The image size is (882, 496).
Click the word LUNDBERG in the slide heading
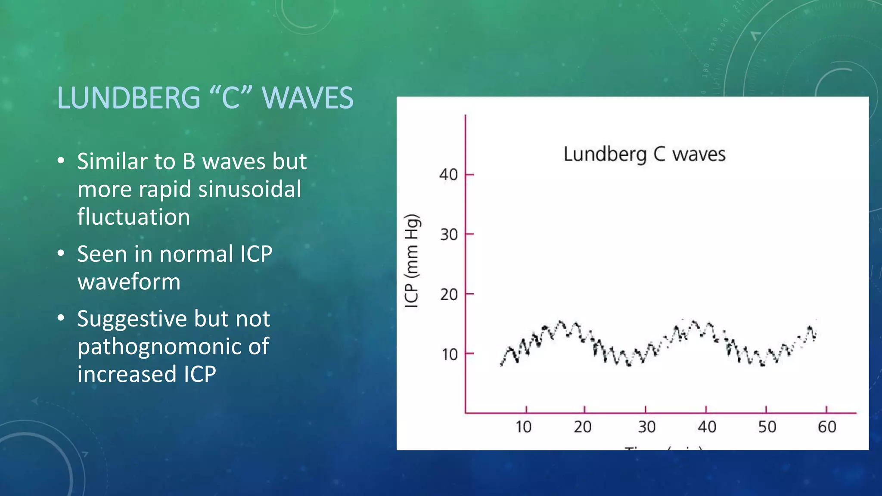click(129, 98)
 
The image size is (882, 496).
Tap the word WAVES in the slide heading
click(307, 98)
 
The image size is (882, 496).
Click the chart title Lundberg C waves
click(644, 154)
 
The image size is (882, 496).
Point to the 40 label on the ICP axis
click(448, 175)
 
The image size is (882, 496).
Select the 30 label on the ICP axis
click(448, 235)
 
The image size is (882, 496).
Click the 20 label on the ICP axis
click(448, 294)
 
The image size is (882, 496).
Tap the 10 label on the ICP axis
click(449, 355)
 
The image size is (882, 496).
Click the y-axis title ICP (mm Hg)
click(412, 261)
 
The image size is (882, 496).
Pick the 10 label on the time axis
click(523, 427)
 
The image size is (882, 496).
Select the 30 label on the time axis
click(646, 427)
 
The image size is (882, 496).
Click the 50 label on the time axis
click(767, 427)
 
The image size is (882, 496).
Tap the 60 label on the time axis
click(827, 427)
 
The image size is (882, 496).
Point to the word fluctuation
click(134, 217)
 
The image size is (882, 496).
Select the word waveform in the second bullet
click(129, 282)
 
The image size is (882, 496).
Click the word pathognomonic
click(173, 347)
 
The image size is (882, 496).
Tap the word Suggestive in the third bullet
click(132, 319)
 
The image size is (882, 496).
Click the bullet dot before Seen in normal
click(61, 254)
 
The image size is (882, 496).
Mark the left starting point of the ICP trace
click(501, 364)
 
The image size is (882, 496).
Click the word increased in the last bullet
click(127, 374)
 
